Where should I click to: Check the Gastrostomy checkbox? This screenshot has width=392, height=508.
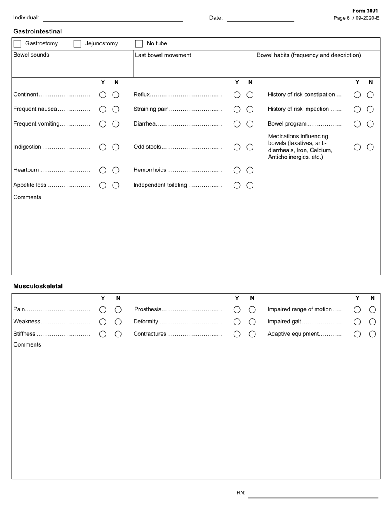(x=17, y=44)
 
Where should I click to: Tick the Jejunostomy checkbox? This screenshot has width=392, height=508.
(x=78, y=44)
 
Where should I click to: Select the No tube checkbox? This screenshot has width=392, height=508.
(x=139, y=44)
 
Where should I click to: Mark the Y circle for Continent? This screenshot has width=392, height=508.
(x=103, y=95)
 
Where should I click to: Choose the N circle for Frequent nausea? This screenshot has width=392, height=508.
(x=116, y=109)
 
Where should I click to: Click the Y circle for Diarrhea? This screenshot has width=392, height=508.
(x=237, y=124)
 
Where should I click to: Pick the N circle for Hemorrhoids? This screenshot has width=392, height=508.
(x=250, y=170)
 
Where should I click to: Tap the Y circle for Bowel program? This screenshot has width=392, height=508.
(x=357, y=124)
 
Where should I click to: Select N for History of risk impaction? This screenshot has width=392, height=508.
(x=371, y=109)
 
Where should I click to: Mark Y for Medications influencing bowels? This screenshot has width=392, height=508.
(x=357, y=147)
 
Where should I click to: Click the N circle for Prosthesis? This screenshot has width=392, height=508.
(x=252, y=310)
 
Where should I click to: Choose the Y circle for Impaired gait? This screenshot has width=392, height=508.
(x=357, y=322)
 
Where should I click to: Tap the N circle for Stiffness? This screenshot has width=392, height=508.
(x=118, y=334)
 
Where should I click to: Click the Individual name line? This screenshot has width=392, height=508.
(x=113, y=18)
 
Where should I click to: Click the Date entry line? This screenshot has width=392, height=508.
(x=260, y=18)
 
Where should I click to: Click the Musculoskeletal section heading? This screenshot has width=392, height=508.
(x=38, y=286)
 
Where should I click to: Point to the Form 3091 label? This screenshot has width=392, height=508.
(x=365, y=11)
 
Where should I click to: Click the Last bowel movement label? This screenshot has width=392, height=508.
(x=163, y=55)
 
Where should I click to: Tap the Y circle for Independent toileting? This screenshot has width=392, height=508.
(x=237, y=185)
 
